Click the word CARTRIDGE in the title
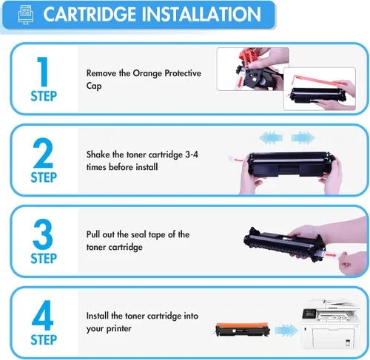pos(90,15)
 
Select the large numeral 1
pos(43,71)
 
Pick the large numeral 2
pos(43,152)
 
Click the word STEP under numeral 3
pos(44,259)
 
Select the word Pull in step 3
pos(95,234)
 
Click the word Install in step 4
pos(101,316)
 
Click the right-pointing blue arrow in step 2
pos(302,137)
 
